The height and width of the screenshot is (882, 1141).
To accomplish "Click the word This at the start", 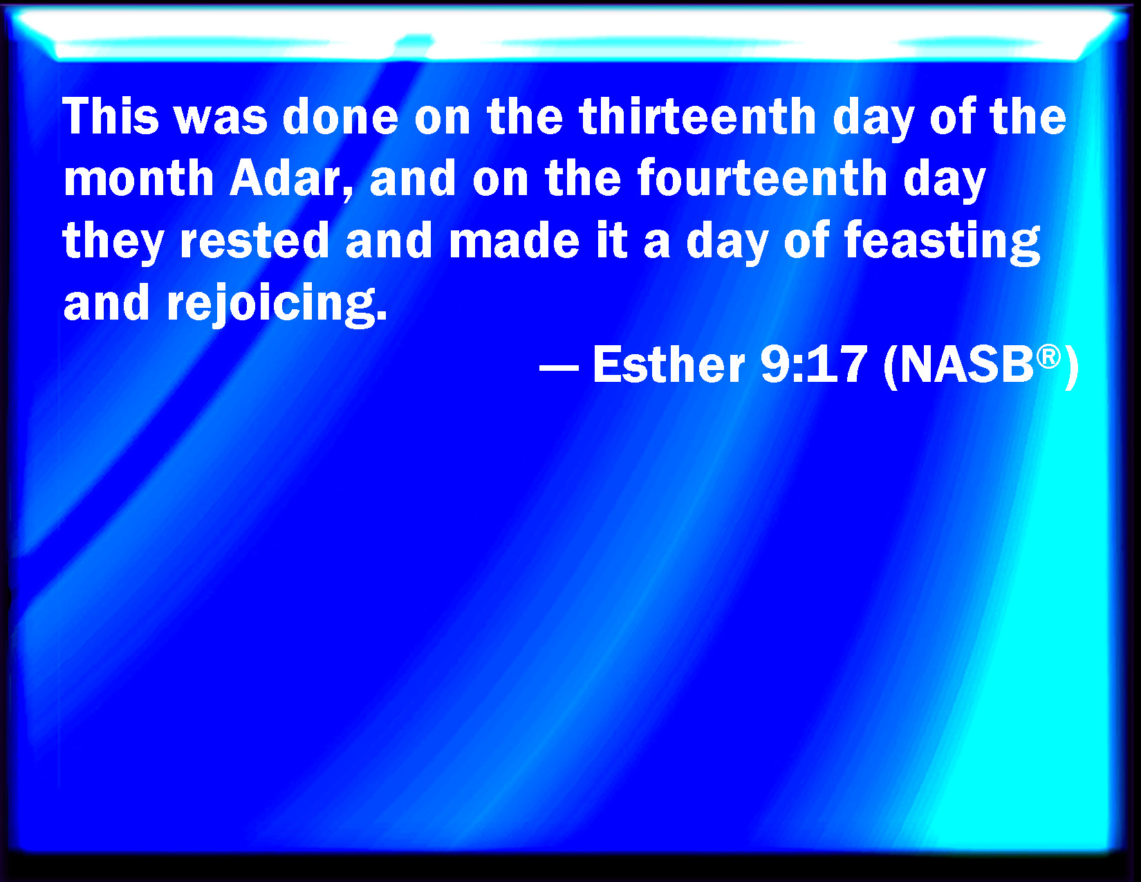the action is pos(111,116).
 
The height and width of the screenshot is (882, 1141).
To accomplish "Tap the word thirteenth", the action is pos(697,116).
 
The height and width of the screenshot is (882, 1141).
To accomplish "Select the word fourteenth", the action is pos(761,178).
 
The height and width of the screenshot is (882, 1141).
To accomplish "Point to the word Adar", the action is pos(286,178).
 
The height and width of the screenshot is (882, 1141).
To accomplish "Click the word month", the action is pos(138,178).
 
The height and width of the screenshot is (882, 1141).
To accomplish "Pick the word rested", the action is pos(254,240).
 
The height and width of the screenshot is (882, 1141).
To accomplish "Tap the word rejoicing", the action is pos(270,304).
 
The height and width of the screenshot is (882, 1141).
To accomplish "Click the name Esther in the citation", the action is pos(669,365).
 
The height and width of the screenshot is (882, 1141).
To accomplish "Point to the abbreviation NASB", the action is pos(966,365).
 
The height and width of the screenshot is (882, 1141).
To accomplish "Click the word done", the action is pos(340,116).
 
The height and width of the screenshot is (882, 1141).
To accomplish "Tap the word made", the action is pos(514,240).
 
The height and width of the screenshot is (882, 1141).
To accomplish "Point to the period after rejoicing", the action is pos(382,315).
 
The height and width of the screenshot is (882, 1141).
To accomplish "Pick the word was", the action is pos(221,120).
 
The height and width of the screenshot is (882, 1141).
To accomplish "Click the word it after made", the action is pos(611,240).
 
